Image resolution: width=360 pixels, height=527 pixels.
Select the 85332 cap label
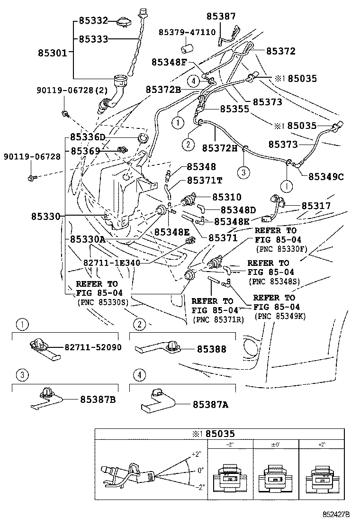point(93,20)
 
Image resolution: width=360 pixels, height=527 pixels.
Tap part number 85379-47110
point(187,32)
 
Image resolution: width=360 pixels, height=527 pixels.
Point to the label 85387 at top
point(221,16)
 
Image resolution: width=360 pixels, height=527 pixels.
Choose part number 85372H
point(220,148)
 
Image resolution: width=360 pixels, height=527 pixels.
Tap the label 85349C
point(326,176)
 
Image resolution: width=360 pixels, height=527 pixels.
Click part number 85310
point(226,197)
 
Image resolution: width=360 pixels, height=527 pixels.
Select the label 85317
point(316,206)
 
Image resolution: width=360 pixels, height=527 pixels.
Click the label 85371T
point(204,181)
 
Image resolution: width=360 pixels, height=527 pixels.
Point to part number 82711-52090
point(92,347)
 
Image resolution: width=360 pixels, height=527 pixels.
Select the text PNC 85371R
point(218,319)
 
